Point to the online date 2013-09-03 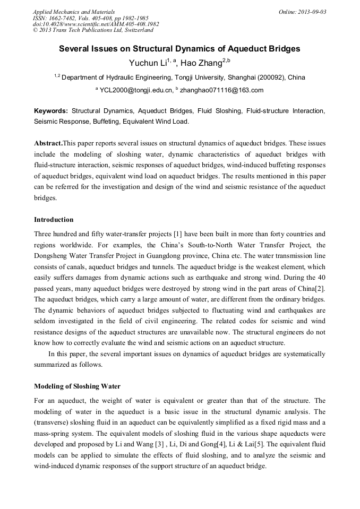tap(310, 11)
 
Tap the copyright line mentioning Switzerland tap(93, 30)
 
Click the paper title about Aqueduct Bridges tap(179, 49)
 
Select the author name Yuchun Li tap(147, 63)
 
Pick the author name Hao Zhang tap(204, 63)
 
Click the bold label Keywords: tap(51, 111)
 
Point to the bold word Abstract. tap(48, 144)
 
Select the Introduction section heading tap(54, 220)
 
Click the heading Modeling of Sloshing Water tap(77, 386)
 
